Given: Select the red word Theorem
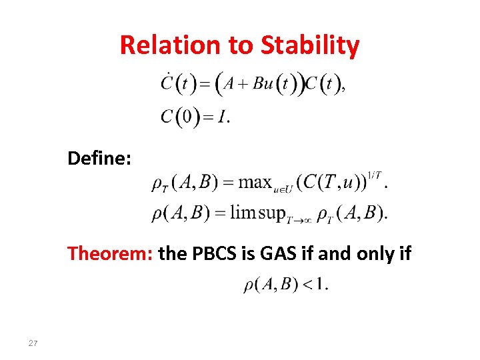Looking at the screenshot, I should (111, 253).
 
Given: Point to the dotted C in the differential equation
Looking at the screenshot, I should (167, 84).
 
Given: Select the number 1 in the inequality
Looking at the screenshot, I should (321, 285).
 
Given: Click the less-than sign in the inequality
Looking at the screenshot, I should (306, 285).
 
